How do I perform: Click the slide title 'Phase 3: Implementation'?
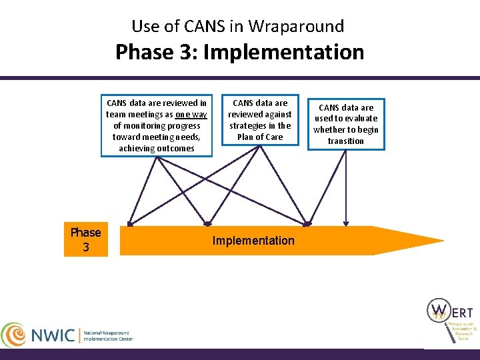[239, 52]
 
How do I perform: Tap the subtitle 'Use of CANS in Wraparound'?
[238, 26]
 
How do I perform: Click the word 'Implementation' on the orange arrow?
[253, 241]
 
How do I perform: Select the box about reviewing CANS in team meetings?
[156, 126]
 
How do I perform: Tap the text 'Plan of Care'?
[260, 137]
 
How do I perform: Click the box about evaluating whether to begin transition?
[346, 124]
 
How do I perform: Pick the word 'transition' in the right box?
[346, 141]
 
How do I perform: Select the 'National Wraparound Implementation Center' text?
[108, 335]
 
